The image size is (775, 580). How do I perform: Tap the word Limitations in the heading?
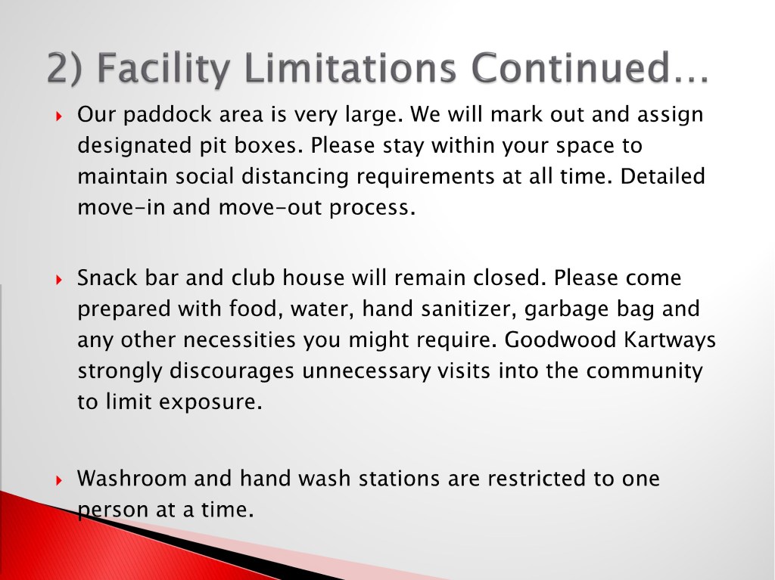[x=350, y=67]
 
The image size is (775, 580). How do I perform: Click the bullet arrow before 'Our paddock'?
[x=59, y=116]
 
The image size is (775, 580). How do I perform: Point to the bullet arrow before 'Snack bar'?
[x=59, y=280]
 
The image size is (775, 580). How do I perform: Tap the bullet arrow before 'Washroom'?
[x=59, y=480]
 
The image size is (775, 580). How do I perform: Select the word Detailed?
[x=662, y=176]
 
